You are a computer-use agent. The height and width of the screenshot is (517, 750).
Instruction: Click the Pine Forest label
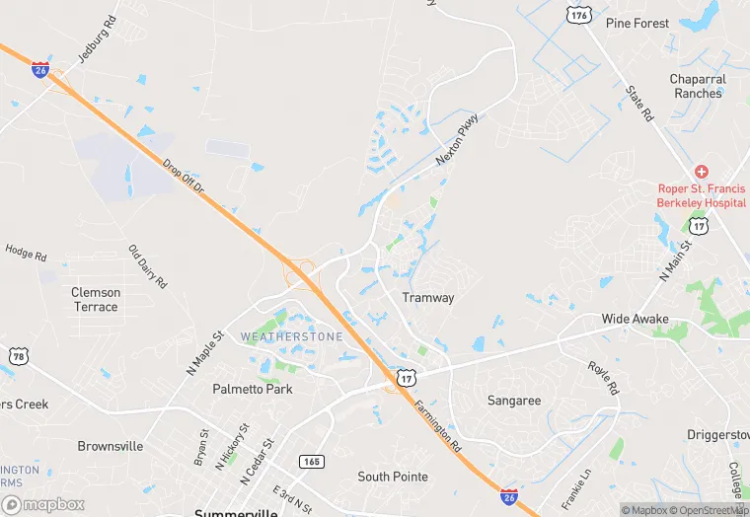[637, 23]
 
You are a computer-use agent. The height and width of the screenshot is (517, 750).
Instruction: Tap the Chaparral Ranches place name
[698, 86]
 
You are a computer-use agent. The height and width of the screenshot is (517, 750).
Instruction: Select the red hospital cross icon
[701, 172]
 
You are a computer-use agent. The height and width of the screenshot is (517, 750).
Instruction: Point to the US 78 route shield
[17, 355]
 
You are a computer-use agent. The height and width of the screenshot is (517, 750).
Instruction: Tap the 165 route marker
[312, 461]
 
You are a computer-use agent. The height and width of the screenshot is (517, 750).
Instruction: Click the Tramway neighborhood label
[428, 298]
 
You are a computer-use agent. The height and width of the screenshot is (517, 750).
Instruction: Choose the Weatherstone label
[292, 337]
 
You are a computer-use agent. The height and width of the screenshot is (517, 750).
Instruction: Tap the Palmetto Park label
[253, 389]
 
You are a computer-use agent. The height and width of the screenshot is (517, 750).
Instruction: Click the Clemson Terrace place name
[96, 299]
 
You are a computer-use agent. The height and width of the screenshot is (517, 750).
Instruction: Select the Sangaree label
[514, 401]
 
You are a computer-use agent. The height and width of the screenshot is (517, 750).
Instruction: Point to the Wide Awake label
[636, 319]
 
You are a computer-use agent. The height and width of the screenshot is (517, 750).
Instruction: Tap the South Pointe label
[393, 477]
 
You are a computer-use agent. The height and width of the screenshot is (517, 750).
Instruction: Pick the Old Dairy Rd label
[148, 266]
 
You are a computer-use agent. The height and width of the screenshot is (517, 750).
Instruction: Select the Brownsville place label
[111, 446]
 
